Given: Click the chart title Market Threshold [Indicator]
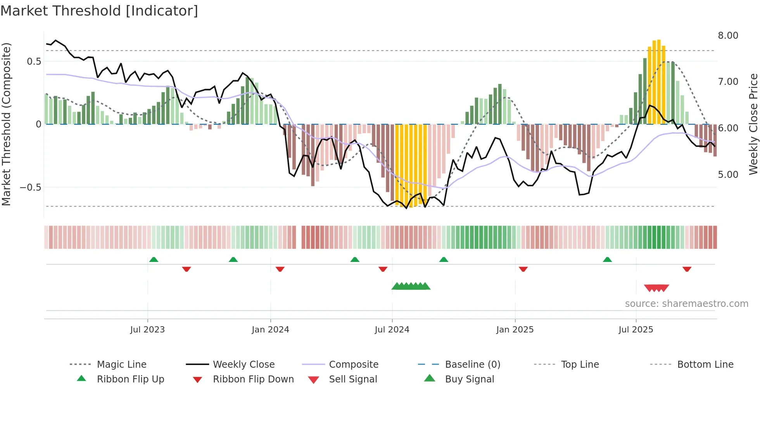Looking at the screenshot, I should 99,11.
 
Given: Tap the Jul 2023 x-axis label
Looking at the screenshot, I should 147,330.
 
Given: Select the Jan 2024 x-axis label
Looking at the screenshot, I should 270,330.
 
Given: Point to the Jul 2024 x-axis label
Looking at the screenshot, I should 392,330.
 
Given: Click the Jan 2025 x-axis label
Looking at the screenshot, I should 515,330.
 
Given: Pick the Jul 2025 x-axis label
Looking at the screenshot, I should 636,330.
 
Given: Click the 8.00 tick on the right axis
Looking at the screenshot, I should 728,36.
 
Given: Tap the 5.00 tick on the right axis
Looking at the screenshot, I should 728,175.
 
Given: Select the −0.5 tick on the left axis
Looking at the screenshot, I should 30,188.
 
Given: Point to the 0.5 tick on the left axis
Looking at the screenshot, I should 34,62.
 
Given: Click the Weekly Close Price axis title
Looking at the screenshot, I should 753,124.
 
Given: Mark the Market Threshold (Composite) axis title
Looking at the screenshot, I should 6,124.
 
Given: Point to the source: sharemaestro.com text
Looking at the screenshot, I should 686,304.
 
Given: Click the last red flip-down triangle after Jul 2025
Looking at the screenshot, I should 687,269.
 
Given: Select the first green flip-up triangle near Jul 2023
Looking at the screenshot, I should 154,260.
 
